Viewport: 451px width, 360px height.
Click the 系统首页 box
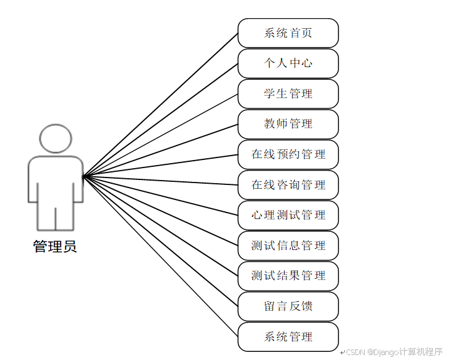[288, 33]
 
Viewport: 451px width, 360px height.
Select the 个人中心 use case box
[288, 63]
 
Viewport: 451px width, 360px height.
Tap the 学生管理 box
[288, 94]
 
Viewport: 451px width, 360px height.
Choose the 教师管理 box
[288, 124]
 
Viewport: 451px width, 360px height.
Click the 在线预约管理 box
[288, 154]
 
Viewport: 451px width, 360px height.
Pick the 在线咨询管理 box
[288, 184]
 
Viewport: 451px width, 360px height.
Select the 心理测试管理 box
[288, 215]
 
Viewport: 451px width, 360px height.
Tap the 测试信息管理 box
[288, 245]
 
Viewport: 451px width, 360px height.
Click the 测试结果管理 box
[288, 276]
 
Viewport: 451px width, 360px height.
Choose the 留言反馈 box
[288, 306]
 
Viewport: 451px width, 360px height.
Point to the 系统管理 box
[288, 336]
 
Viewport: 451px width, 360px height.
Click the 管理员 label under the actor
[55, 246]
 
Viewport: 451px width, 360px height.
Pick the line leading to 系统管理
[160, 256]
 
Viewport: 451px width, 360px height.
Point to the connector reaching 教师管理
[160, 150]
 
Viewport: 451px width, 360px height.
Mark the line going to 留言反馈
[160, 241]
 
